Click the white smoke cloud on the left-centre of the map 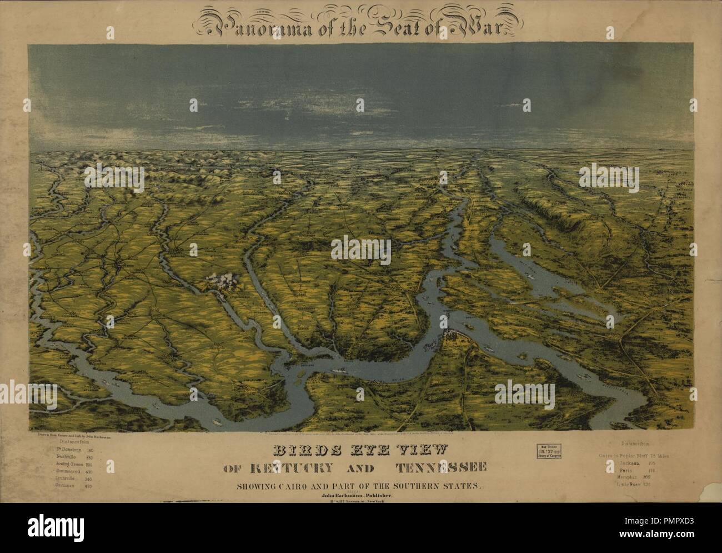(x=225, y=282)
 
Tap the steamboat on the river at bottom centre (x=337, y=373)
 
